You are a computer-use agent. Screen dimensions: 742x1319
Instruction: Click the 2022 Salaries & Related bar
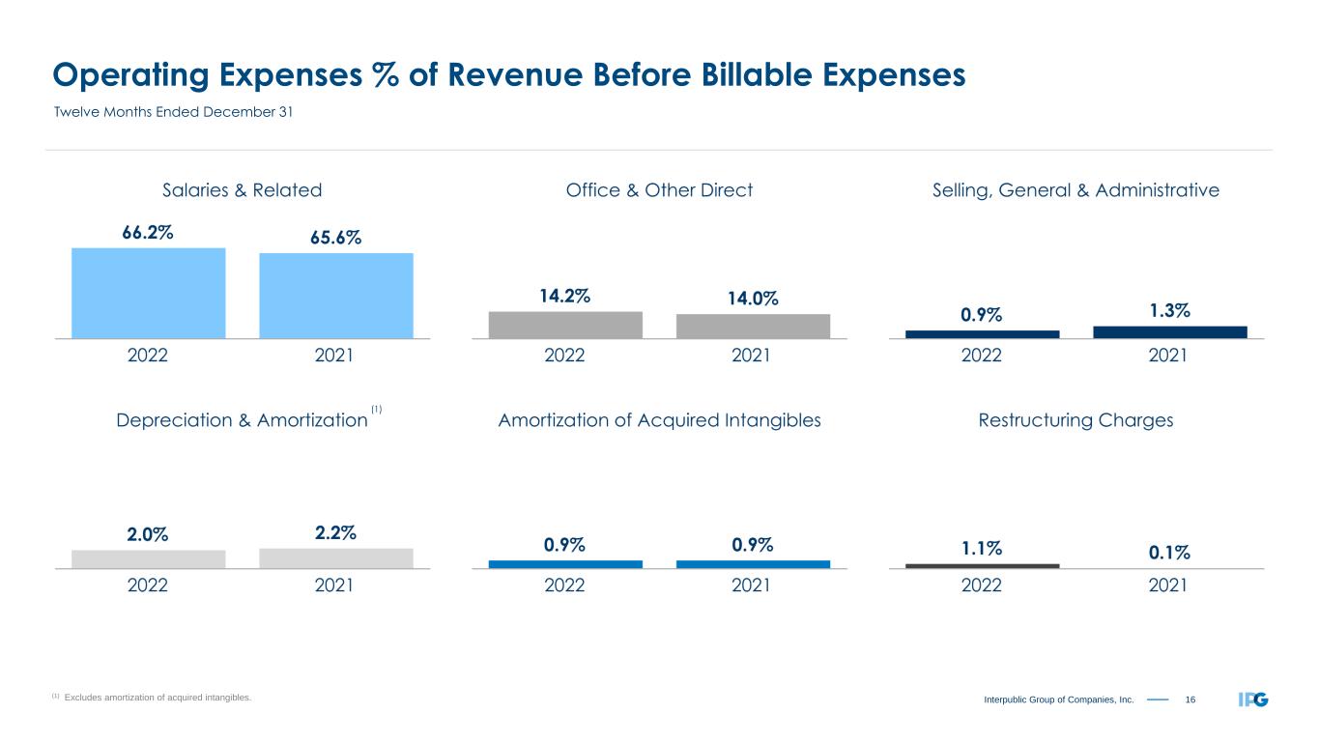(148, 293)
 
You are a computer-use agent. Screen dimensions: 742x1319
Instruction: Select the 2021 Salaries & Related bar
(335, 296)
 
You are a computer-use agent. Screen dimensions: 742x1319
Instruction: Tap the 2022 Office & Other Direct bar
(565, 325)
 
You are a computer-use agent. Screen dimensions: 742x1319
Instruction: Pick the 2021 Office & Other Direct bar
(753, 326)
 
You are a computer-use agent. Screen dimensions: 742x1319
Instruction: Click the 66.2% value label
(148, 233)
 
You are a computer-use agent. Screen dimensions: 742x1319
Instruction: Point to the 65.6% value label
(335, 238)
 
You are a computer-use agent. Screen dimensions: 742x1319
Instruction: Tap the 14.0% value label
(753, 300)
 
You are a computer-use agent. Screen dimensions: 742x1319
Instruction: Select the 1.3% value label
(1169, 310)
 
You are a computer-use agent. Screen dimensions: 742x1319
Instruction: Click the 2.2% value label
(335, 532)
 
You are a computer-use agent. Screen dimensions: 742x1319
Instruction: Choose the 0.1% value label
(1169, 552)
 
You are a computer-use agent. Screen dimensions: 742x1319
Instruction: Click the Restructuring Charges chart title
(1075, 420)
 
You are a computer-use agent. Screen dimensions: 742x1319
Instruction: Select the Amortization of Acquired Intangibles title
(659, 420)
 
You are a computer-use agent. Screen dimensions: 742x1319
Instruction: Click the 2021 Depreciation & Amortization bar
(335, 558)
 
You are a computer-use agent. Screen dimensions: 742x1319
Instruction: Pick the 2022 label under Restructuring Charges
(982, 585)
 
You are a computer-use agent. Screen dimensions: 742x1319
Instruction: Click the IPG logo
(1253, 699)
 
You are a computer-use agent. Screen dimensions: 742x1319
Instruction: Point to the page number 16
(1190, 699)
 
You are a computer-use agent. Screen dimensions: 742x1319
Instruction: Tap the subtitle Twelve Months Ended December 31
(172, 112)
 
